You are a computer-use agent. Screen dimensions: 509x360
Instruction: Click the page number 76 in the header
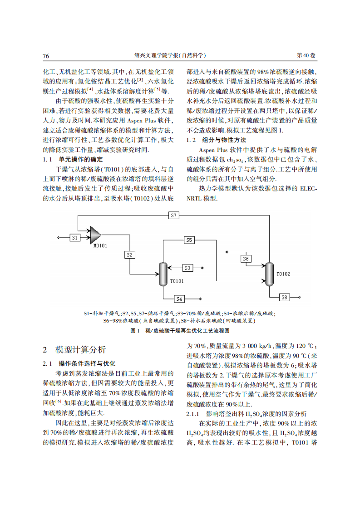click(46, 56)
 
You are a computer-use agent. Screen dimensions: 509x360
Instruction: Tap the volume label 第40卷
click(306, 55)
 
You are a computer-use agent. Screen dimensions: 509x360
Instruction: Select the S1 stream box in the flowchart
click(75, 237)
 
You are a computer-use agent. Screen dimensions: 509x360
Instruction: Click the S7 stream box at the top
click(174, 215)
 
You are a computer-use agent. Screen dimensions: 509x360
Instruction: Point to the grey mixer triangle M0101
click(95, 235)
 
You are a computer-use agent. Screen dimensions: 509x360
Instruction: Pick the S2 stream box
click(130, 254)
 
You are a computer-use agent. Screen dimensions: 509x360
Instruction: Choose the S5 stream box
click(189, 240)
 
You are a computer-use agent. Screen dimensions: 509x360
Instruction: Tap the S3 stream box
click(188, 268)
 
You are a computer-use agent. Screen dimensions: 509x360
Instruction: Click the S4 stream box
click(180, 299)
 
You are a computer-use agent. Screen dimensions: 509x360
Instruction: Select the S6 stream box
click(246, 259)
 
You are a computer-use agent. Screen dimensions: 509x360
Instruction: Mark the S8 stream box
click(284, 297)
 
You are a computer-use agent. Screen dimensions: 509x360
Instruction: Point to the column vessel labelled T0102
click(270, 274)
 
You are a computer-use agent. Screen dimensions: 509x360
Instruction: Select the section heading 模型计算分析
click(80, 350)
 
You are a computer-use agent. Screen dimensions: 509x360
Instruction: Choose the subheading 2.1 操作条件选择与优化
click(79, 363)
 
